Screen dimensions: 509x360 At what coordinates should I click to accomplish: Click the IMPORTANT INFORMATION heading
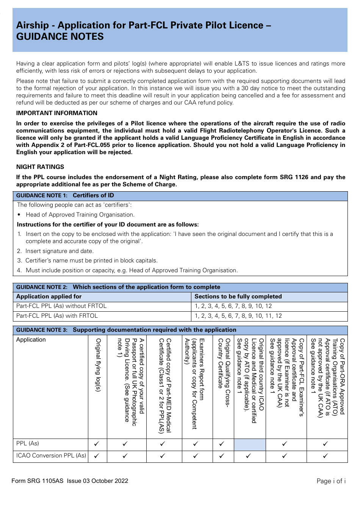[x=57, y=113]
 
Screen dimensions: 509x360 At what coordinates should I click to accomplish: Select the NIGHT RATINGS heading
[x=40, y=167]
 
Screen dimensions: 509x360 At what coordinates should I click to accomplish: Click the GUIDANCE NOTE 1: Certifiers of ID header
[x=65, y=195]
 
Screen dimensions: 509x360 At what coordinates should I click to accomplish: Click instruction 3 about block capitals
[x=91, y=261]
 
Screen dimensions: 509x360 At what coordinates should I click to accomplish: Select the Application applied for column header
[x=49, y=297]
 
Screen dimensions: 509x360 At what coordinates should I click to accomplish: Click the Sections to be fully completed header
[x=238, y=297]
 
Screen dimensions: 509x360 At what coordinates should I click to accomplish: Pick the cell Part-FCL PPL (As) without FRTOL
[x=61, y=306]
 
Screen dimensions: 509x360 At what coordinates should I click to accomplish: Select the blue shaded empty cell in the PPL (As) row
[x=250, y=444]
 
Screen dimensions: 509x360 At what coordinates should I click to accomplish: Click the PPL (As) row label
[x=28, y=443]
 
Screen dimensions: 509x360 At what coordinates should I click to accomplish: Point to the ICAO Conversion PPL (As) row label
[x=51, y=456]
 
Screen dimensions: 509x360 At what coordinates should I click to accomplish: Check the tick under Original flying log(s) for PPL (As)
[x=97, y=444]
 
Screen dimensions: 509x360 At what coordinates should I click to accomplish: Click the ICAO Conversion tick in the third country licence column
[x=248, y=456]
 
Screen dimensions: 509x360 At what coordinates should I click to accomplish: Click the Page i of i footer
[x=331, y=481]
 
